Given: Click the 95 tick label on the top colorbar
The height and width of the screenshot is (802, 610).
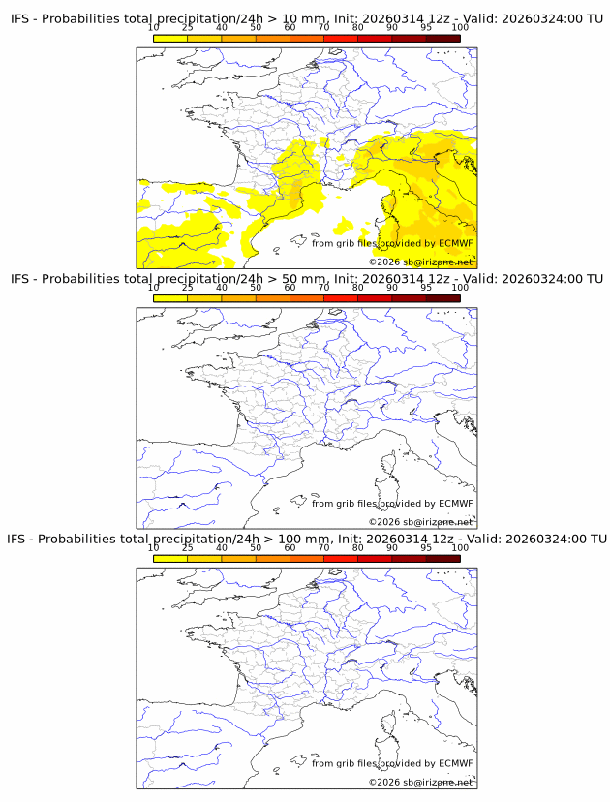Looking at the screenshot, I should [426, 27].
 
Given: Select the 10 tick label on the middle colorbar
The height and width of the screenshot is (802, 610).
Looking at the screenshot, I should [154, 287].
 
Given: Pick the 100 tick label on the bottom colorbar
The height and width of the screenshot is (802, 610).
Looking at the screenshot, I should [460, 546].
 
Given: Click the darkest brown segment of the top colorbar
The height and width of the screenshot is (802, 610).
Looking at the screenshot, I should [442, 38].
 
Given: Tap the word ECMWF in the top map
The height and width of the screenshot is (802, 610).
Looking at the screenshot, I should [456, 243].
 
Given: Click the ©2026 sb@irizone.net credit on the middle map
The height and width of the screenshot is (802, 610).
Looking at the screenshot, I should [420, 521].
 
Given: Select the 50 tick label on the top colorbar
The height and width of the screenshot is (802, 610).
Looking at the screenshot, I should [256, 27].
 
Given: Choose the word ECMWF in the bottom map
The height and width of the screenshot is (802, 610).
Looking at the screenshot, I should [456, 762].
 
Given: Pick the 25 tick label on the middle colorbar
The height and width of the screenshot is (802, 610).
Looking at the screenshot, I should [188, 287].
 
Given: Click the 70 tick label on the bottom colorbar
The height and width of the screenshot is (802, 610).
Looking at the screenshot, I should [324, 546].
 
